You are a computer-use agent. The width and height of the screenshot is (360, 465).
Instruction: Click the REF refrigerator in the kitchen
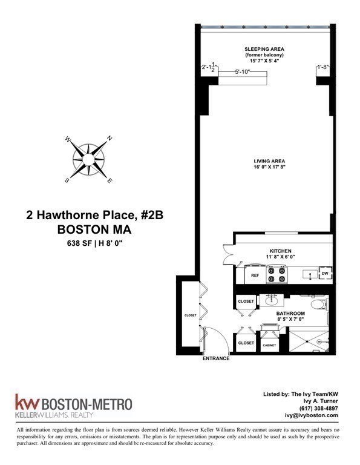pyautogui.click(x=255, y=275)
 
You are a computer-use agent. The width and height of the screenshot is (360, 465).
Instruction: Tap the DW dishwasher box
pyautogui.click(x=325, y=274)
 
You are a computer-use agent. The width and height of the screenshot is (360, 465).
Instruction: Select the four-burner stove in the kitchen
pyautogui.click(x=277, y=275)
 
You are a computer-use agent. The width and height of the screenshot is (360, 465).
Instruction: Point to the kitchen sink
pyautogui.click(x=310, y=274)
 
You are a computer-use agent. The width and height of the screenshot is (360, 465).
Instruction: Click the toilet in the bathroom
pyautogui.click(x=319, y=304)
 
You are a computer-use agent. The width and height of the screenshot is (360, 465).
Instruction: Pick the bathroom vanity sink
pyautogui.click(x=271, y=301)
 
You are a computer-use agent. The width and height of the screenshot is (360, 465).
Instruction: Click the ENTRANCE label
pyautogui.click(x=216, y=358)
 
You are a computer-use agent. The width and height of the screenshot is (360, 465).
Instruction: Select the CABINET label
pyautogui.click(x=269, y=345)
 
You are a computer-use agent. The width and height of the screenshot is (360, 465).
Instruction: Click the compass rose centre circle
pyautogui.click(x=88, y=160)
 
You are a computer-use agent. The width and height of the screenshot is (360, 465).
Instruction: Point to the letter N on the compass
pyautogui.click(x=110, y=138)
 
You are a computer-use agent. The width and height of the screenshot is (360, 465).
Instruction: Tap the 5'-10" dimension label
pyautogui.click(x=243, y=71)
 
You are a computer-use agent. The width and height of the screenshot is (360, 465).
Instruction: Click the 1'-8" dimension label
pyautogui.click(x=323, y=67)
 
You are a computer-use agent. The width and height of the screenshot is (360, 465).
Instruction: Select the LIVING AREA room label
pyautogui.click(x=269, y=161)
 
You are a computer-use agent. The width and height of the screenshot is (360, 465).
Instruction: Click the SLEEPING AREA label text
pyautogui.click(x=264, y=49)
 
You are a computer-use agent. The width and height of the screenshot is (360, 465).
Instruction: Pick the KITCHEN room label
pyautogui.click(x=280, y=251)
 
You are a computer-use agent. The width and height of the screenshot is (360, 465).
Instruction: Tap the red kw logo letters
pyautogui.click(x=27, y=402)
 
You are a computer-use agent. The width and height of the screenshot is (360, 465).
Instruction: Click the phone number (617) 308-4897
pyautogui.click(x=318, y=408)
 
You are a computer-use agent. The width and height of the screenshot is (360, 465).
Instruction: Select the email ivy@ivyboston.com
pyautogui.click(x=312, y=415)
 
